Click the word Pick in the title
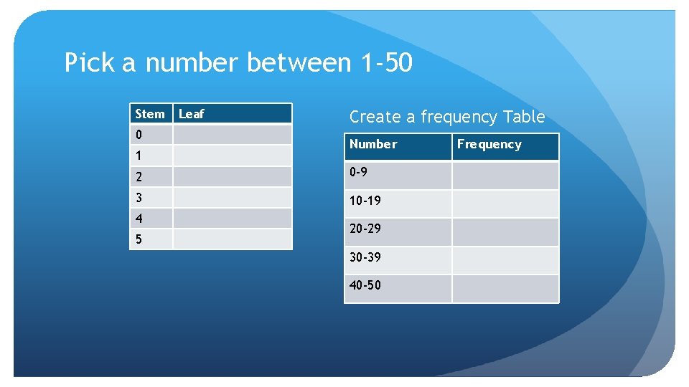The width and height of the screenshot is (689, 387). pos(90,63)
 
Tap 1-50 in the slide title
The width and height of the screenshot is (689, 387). pos(385,63)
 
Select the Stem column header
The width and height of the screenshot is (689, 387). pos(150,113)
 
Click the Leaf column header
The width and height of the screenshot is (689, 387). pos(192,113)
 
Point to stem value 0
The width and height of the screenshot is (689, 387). pos(139,135)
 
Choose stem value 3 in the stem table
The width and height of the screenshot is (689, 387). pos(139,197)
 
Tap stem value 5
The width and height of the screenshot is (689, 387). pos(139,239)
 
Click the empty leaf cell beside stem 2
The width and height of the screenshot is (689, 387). pos(232,176)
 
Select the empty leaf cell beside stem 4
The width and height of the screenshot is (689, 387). pos(232,218)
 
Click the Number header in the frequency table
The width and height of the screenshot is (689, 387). pos(373,144)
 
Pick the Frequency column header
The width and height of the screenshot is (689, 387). pos(489,144)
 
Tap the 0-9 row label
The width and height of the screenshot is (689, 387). pos(360,173)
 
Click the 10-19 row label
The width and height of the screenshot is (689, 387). pos(365,201)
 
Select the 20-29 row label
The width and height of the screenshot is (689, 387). pos(365,229)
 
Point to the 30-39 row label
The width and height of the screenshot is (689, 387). pos(365,257)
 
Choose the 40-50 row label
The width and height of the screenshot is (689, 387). pos(365,285)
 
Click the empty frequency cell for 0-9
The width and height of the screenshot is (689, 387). pos(505,176)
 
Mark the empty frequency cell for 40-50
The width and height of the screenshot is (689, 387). pos(505,288)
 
